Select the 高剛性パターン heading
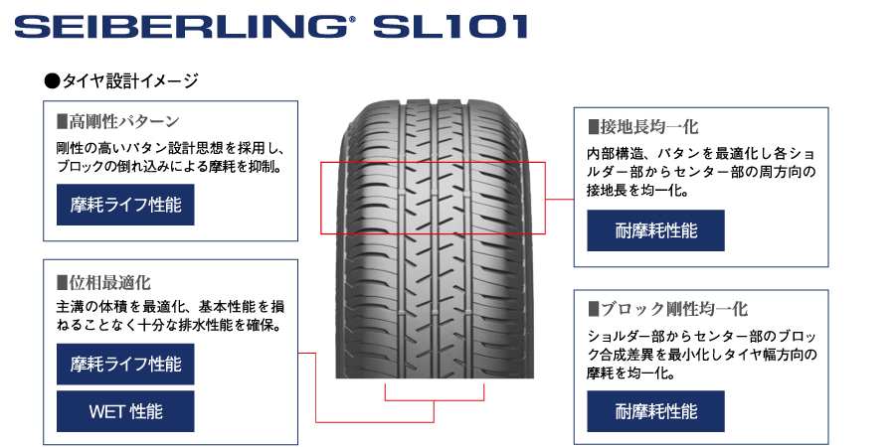(123, 121)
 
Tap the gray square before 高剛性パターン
(62, 122)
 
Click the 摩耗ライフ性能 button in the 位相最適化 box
(125, 364)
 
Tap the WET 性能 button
(125, 411)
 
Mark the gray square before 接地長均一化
(594, 127)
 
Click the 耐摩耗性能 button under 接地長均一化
(655, 231)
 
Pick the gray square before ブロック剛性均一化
(594, 309)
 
